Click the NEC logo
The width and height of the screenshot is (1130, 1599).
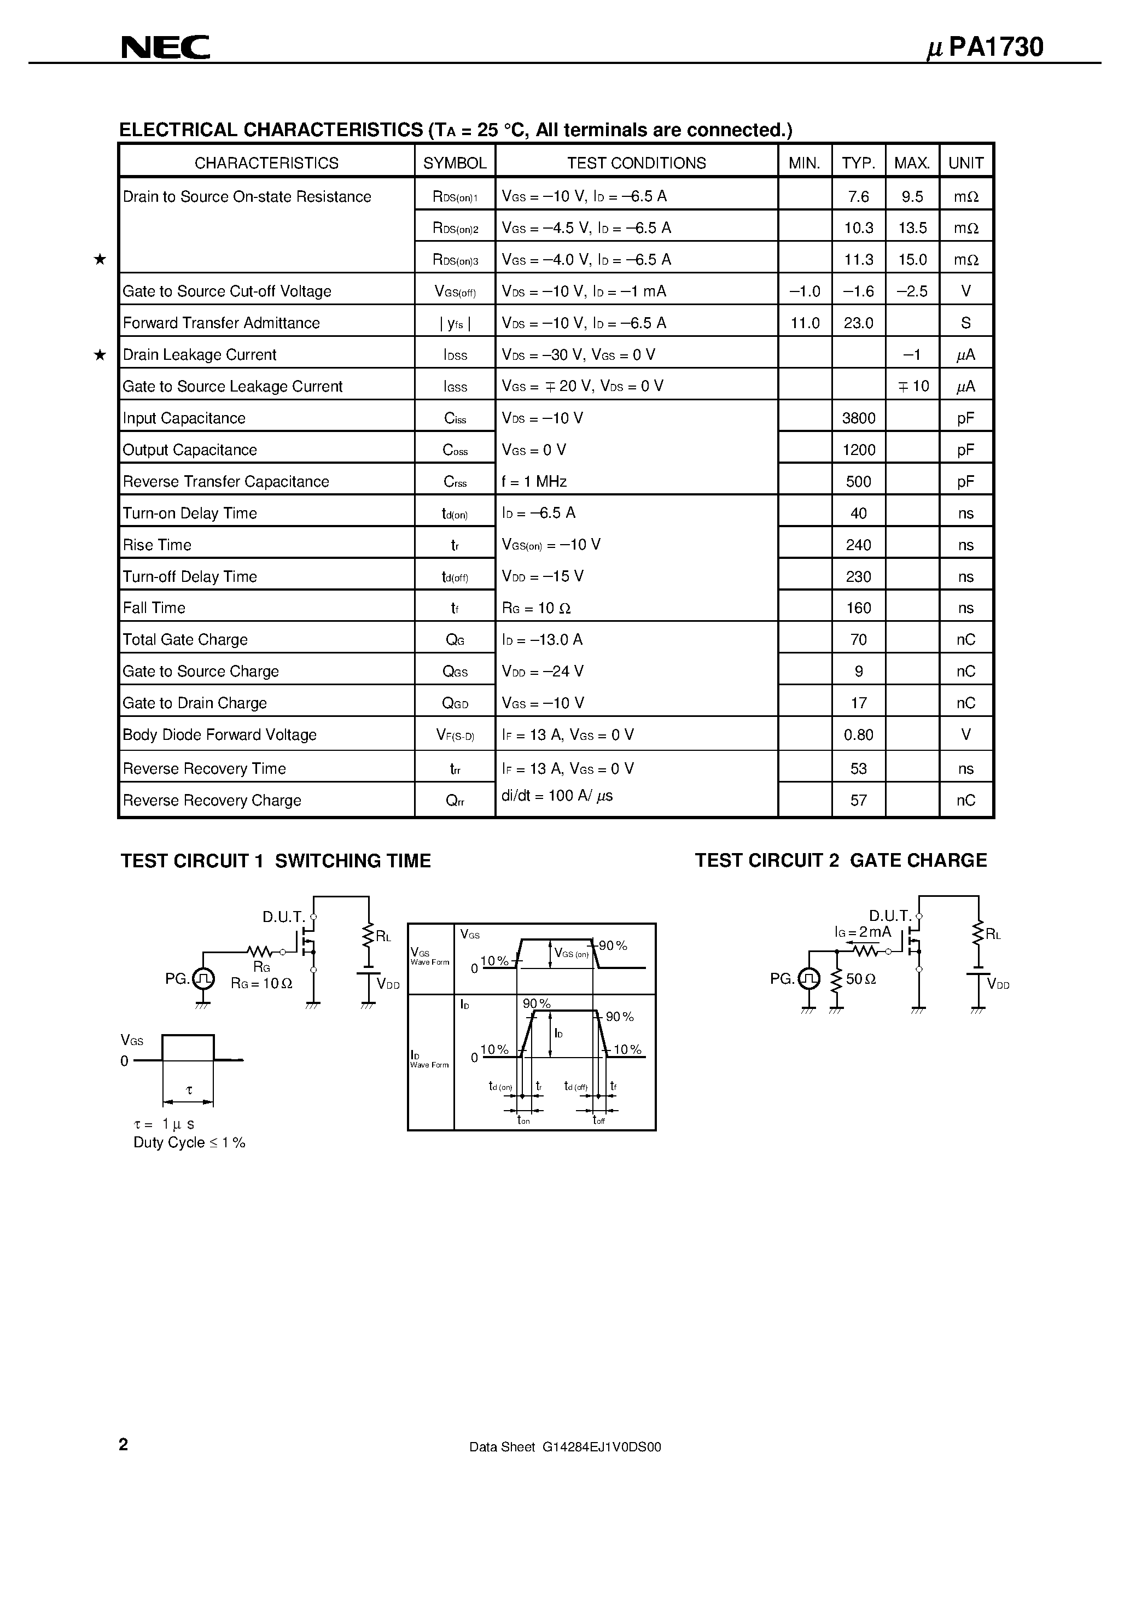(165, 48)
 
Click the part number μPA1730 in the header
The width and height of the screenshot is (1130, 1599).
(985, 48)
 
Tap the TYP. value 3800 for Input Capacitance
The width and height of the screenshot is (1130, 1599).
(858, 418)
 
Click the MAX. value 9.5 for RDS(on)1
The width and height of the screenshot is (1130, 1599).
(912, 197)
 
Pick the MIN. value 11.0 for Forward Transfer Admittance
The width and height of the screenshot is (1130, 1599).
(805, 323)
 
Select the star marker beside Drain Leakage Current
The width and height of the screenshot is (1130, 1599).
(100, 355)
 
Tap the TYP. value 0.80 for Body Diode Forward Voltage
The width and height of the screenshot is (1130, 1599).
(858, 735)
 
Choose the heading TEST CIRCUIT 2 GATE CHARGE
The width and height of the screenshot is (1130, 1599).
(840, 861)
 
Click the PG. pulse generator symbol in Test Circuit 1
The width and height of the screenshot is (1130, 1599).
(203, 978)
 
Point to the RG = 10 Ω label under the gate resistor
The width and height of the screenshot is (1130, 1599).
(261, 983)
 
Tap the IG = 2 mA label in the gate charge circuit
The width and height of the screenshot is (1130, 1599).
(863, 932)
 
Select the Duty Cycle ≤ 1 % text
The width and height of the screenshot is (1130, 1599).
(189, 1143)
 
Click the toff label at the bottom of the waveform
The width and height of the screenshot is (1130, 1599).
(598, 1121)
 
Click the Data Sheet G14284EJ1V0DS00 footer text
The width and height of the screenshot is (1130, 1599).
(565, 1447)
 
